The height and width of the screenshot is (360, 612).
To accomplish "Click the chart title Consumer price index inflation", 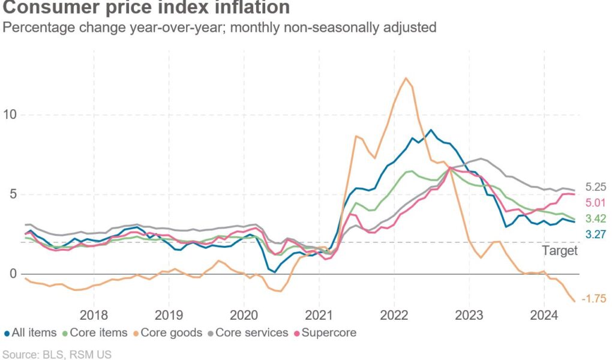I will click(146, 8).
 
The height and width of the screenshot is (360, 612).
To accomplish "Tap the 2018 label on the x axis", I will click(94, 315).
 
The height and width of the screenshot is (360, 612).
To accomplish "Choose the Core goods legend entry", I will click(169, 332).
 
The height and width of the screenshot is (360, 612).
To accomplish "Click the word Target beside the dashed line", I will click(560, 251).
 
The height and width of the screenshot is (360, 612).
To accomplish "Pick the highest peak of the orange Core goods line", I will click(406, 78).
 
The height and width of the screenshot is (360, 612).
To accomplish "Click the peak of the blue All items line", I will click(430, 130).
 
